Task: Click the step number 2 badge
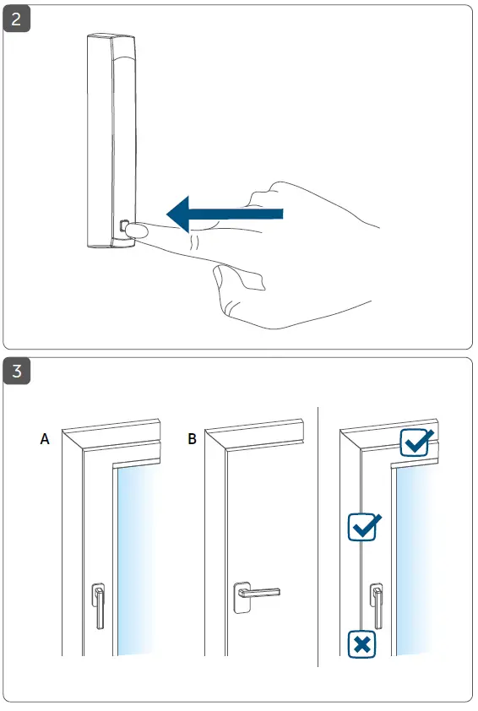pos(18,19)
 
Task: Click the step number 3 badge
pos(18,372)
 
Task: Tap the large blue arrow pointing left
pos(229,214)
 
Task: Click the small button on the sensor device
pos(125,227)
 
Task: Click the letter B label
pos(192,439)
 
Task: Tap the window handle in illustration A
pos(99,605)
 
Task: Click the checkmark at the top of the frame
pos(416,442)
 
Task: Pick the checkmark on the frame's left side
pos(364,527)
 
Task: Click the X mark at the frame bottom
pos(362,644)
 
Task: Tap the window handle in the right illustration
pos(378,605)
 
